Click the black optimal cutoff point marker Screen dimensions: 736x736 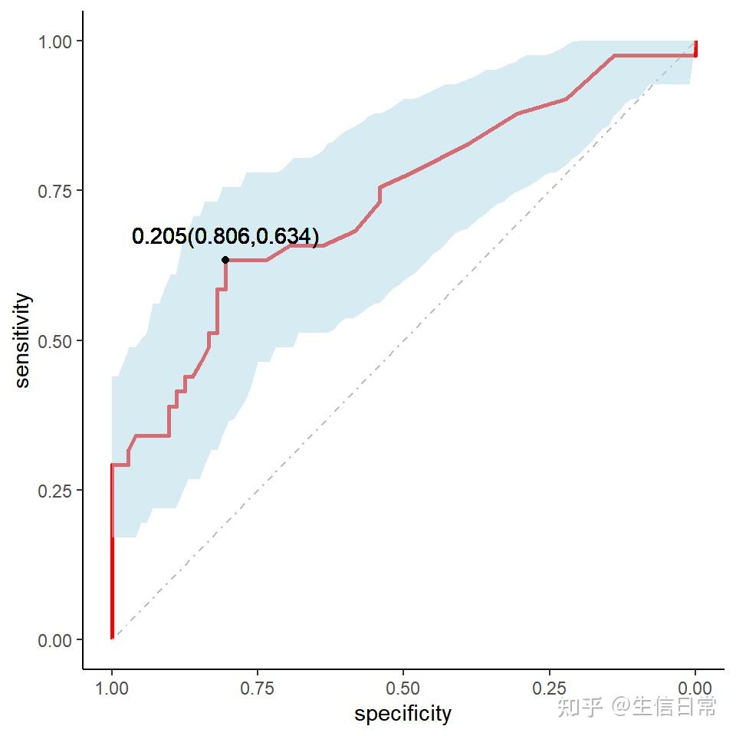tap(225, 260)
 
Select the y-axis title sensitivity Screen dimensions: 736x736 tap(23, 340)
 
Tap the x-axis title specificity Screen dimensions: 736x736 tap(402, 715)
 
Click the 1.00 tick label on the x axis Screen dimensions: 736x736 tap(112, 687)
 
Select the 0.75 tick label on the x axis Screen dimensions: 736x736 tap(258, 687)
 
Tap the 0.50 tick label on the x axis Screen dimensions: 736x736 tap(403, 687)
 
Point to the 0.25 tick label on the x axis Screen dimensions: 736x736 tap(550, 687)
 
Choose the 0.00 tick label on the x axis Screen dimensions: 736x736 tap(695, 687)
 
